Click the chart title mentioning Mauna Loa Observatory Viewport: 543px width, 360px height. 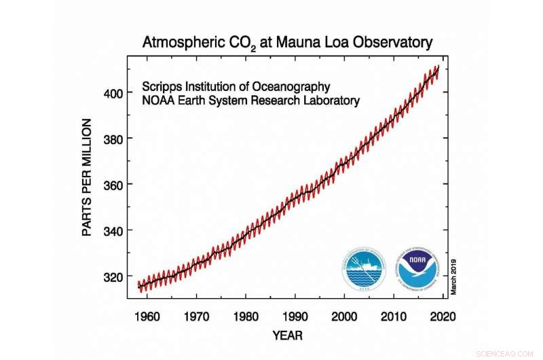tap(286, 42)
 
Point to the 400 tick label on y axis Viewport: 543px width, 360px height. tap(112, 92)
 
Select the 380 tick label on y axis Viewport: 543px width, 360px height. tap(112, 139)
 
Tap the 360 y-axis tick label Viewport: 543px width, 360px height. tap(112, 185)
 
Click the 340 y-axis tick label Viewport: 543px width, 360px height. tap(112, 231)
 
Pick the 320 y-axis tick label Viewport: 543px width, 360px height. tap(112, 277)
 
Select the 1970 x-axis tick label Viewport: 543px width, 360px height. tap(197, 316)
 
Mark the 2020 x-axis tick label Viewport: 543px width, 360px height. tap(443, 316)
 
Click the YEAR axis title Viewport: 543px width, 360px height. tap(286, 336)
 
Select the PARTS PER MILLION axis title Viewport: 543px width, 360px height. tap(87, 177)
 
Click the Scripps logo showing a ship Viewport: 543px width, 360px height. tap(367, 270)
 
